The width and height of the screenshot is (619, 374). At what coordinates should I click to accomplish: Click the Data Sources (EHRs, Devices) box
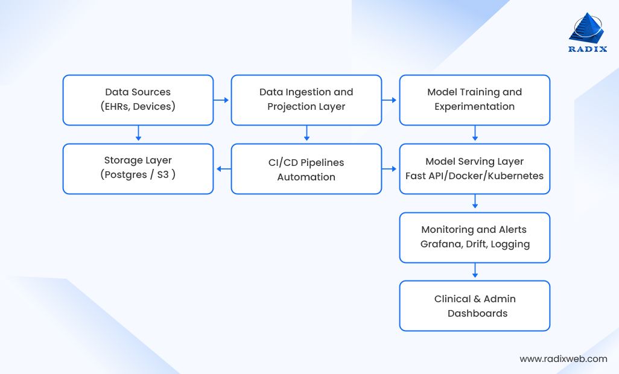tap(138, 100)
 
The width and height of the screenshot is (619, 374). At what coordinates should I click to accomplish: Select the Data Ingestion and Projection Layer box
tap(306, 100)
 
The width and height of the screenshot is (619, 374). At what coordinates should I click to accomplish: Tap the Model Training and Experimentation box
tap(475, 100)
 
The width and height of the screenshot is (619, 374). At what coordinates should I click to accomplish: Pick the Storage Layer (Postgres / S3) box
tap(138, 168)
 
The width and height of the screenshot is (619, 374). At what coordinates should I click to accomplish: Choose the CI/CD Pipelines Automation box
tap(306, 169)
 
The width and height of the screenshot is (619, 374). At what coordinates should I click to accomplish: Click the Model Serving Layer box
tap(475, 169)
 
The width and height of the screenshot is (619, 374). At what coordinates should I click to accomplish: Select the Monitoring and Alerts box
tap(475, 237)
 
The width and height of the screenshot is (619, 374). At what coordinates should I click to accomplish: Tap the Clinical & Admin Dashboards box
tap(475, 306)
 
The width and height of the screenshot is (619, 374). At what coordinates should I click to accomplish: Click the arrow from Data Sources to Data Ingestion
tap(222, 100)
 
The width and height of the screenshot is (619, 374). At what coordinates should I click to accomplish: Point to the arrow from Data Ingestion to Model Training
tap(390, 100)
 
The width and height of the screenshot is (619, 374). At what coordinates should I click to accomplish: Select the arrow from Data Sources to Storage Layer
tap(138, 134)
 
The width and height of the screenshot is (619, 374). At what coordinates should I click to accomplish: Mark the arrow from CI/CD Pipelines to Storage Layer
tap(223, 169)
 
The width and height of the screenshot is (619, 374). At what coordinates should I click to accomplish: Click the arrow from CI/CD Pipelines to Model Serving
tap(390, 169)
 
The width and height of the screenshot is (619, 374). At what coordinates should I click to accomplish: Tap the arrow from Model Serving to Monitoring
tap(475, 203)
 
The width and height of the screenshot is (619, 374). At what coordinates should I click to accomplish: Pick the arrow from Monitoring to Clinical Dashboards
tap(475, 271)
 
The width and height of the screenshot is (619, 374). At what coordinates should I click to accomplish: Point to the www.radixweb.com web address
tap(563, 359)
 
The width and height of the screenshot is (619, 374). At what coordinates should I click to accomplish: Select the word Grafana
tap(440, 244)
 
